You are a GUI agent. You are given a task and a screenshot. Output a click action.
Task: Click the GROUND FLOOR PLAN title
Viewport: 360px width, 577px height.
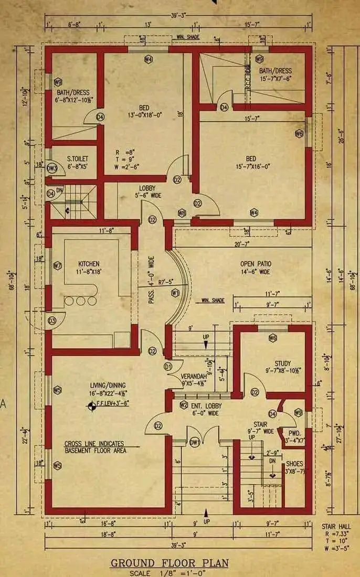click(170, 563)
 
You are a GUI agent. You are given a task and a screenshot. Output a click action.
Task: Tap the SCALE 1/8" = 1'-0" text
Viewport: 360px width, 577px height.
click(170, 573)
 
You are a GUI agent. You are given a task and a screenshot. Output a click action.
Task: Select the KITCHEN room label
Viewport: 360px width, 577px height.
click(89, 264)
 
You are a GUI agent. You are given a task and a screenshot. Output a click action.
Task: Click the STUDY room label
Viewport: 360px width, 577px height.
click(283, 364)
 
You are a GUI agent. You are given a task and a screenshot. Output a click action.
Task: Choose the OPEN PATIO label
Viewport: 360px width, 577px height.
click(256, 264)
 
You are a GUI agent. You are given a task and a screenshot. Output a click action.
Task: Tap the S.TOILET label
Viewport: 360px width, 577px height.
click(78, 158)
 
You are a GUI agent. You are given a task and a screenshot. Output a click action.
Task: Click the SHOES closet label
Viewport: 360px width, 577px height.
click(293, 464)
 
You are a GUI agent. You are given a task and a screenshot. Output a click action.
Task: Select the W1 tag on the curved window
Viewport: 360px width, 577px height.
click(175, 292)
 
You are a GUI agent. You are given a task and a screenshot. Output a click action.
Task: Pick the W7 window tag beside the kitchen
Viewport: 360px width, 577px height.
click(58, 266)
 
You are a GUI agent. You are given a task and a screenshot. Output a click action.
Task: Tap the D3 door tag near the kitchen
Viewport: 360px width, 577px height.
click(52, 320)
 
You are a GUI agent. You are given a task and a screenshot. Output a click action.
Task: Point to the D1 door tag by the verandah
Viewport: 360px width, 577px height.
click(168, 366)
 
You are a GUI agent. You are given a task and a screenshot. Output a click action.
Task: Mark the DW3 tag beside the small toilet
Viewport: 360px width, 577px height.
click(51, 168)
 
